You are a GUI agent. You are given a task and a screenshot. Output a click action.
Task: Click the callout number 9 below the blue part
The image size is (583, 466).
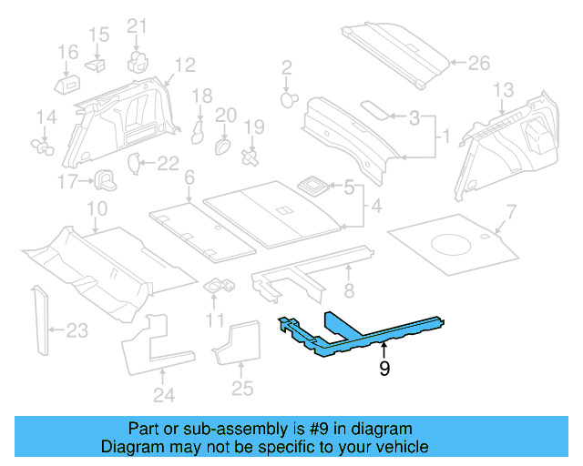coord(385,370)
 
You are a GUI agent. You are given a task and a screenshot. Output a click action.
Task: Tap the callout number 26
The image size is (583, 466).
coord(478,64)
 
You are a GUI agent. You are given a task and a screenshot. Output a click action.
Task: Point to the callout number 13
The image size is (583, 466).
coord(504,89)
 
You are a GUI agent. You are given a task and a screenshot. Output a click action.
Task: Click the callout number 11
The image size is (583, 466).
coord(215,319)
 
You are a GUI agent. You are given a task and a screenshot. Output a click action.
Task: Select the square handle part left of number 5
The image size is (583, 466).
coord(314,186)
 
